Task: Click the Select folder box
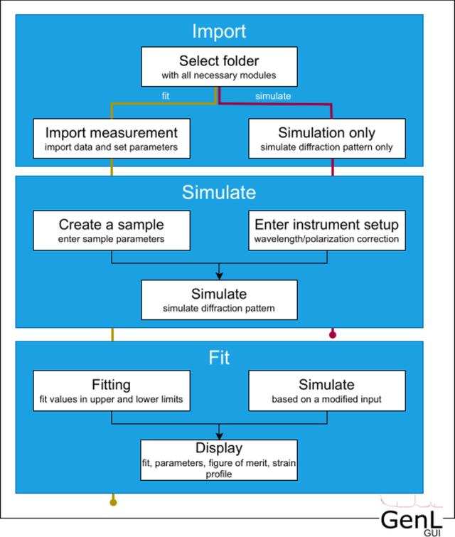tap(219, 67)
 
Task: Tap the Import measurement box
tap(112, 139)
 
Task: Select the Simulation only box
tap(327, 139)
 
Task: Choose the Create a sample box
tap(112, 230)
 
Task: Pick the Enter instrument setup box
tap(327, 230)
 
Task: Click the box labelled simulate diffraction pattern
tap(219, 300)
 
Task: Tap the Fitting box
tap(112, 390)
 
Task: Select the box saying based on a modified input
tap(327, 390)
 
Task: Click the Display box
tap(219, 460)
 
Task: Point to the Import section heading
tap(219, 31)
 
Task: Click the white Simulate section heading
tap(219, 192)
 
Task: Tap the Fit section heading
tap(219, 358)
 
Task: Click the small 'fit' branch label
tap(166, 96)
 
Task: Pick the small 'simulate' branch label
tap(273, 96)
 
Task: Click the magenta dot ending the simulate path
tap(333, 334)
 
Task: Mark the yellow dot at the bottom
tap(113, 502)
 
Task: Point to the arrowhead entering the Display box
tap(219, 437)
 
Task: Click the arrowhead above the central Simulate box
tap(219, 277)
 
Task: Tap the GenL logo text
tap(411, 521)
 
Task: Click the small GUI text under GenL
tap(432, 533)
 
